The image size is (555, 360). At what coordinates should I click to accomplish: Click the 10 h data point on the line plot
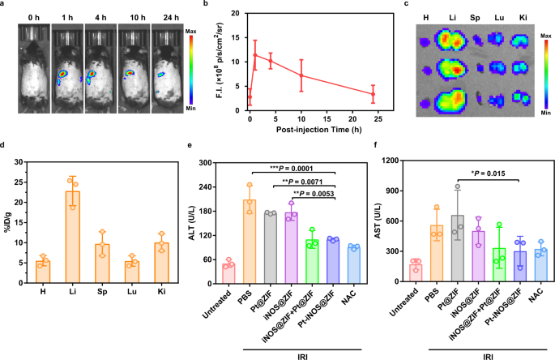(301, 75)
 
